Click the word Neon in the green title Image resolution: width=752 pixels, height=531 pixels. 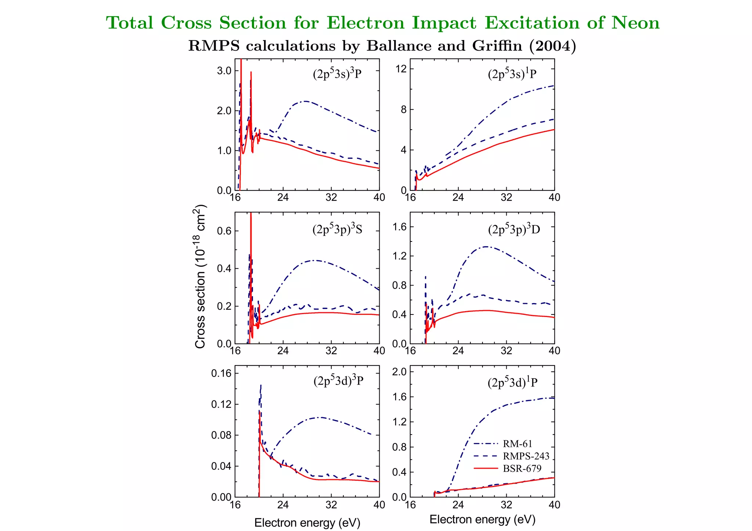635,23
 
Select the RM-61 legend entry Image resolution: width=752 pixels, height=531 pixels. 517,444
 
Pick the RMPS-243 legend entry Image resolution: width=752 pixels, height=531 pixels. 526,456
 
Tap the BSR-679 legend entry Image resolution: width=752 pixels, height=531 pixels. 522,469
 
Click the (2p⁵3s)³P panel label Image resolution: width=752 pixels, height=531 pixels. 337,74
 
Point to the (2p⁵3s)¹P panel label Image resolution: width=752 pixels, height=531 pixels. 512,74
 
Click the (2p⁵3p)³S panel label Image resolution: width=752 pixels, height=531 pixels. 337,229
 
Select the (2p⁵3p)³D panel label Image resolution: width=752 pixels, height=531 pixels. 514,229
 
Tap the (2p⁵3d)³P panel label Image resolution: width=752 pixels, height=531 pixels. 338,381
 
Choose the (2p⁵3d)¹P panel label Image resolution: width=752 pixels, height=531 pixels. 512,382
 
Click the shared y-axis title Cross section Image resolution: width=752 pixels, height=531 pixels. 200,277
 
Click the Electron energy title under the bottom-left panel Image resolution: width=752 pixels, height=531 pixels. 307,523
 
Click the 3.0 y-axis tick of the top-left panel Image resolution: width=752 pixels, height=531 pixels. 224,70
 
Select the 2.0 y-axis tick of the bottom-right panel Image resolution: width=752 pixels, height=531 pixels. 399,372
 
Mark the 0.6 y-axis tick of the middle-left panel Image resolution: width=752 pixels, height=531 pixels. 224,231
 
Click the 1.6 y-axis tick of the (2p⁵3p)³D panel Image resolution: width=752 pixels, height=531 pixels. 399,227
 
